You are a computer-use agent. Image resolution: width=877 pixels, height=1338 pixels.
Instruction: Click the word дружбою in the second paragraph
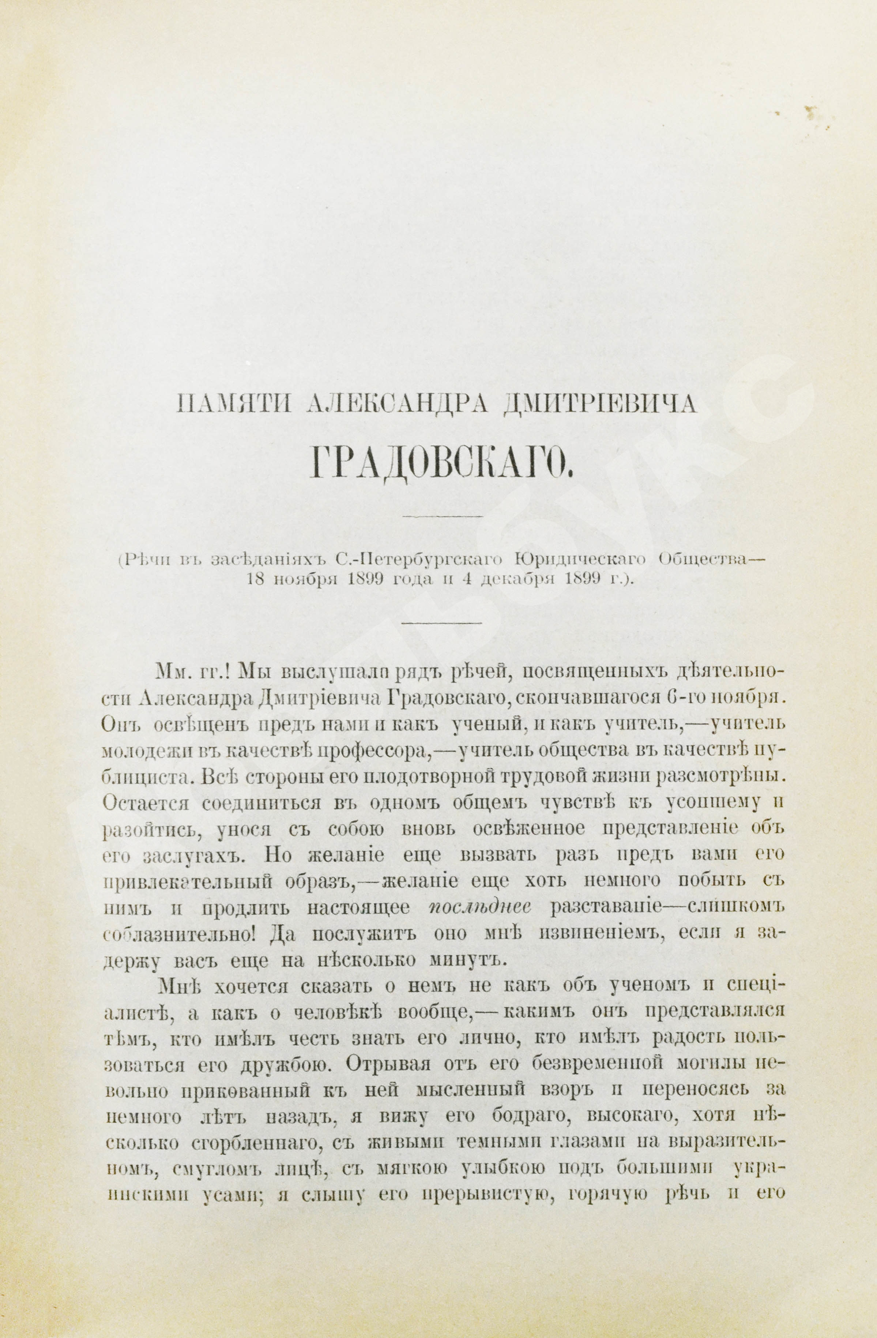[x=282, y=1064]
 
